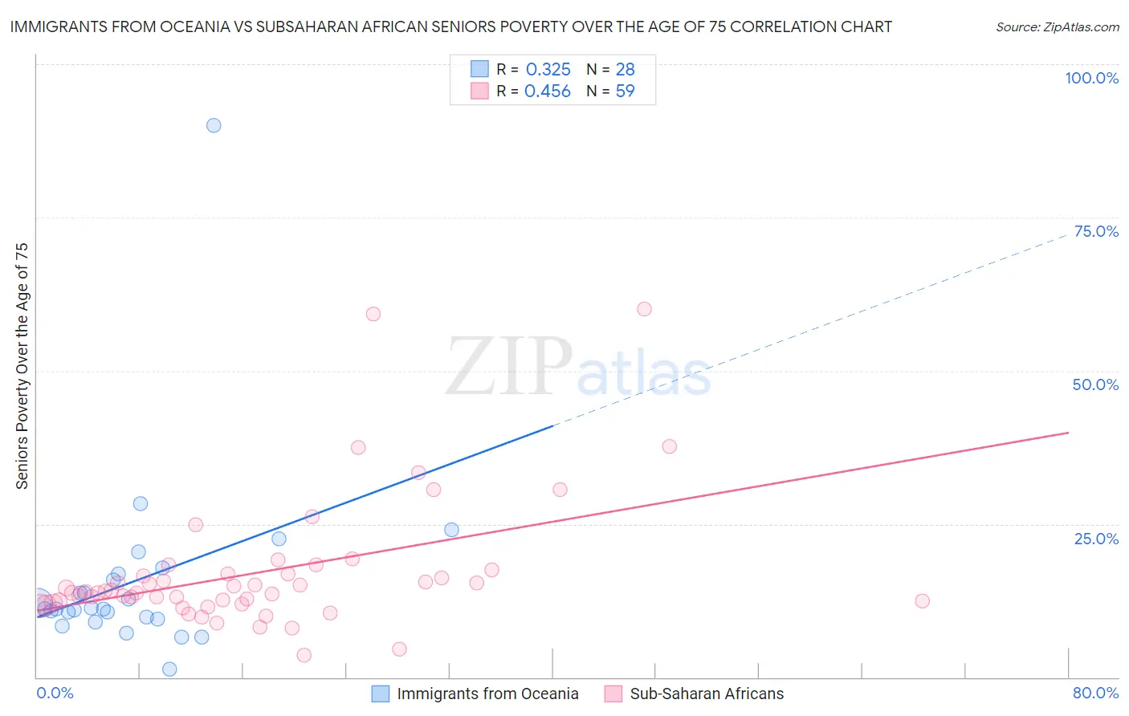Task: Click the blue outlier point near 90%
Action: click(214, 125)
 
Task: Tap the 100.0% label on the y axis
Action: click(1091, 78)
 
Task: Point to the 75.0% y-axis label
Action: click(1096, 231)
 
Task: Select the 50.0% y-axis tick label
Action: click(1095, 384)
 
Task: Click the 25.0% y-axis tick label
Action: click(1096, 539)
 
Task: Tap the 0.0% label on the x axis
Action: click(55, 693)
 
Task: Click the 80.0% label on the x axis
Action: click(1095, 693)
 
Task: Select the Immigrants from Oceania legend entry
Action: click(487, 694)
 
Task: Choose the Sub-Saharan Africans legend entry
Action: click(706, 694)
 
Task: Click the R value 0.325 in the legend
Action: click(548, 69)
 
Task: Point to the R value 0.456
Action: click(547, 92)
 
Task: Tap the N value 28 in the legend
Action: click(625, 69)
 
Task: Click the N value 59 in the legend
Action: click(625, 92)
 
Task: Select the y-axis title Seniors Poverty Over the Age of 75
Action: click(22, 366)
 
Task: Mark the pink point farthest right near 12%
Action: click(922, 601)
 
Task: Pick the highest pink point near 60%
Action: click(644, 309)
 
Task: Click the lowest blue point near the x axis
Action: click(169, 669)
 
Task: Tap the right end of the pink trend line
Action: click(1068, 433)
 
